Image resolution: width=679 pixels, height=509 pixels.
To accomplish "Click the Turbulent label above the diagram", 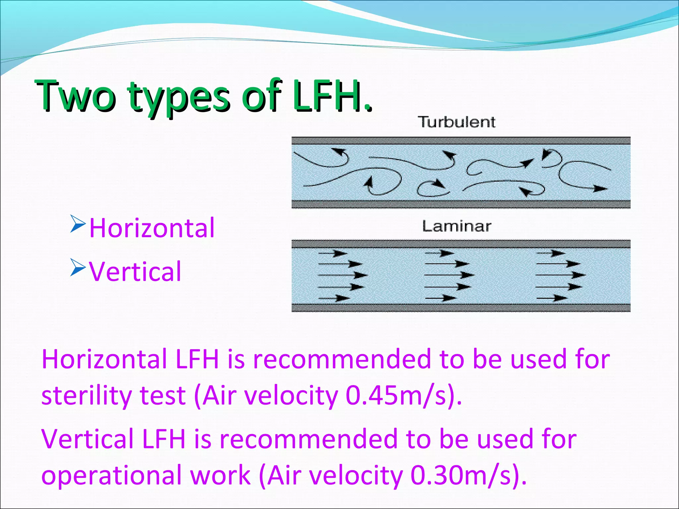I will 456,122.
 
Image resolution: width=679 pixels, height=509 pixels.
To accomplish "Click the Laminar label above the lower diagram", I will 456,227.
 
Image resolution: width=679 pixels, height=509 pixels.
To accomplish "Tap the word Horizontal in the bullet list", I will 152,228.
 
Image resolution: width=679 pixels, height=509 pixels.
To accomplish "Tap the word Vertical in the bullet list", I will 135,272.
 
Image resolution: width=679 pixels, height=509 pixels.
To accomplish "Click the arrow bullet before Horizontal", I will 78,223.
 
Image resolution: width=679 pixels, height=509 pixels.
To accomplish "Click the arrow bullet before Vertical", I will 78,268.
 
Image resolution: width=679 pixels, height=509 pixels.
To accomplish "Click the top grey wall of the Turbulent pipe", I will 461,141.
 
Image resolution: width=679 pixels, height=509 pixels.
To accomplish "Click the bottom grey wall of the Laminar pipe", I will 461,308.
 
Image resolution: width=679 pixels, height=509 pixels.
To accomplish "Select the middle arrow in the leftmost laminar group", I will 343,275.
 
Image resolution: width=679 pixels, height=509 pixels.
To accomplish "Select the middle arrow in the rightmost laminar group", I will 561,275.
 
